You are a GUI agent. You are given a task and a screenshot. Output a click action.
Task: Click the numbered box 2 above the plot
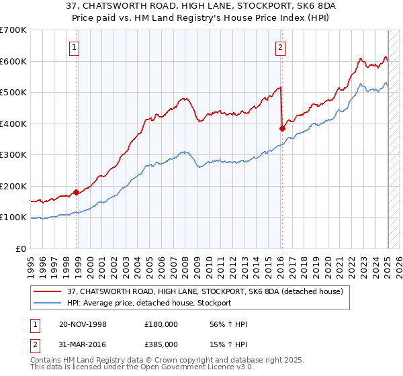(x=279, y=47)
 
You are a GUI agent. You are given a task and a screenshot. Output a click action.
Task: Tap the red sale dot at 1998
(x=77, y=192)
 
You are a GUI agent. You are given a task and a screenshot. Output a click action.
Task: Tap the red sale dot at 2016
(x=282, y=128)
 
